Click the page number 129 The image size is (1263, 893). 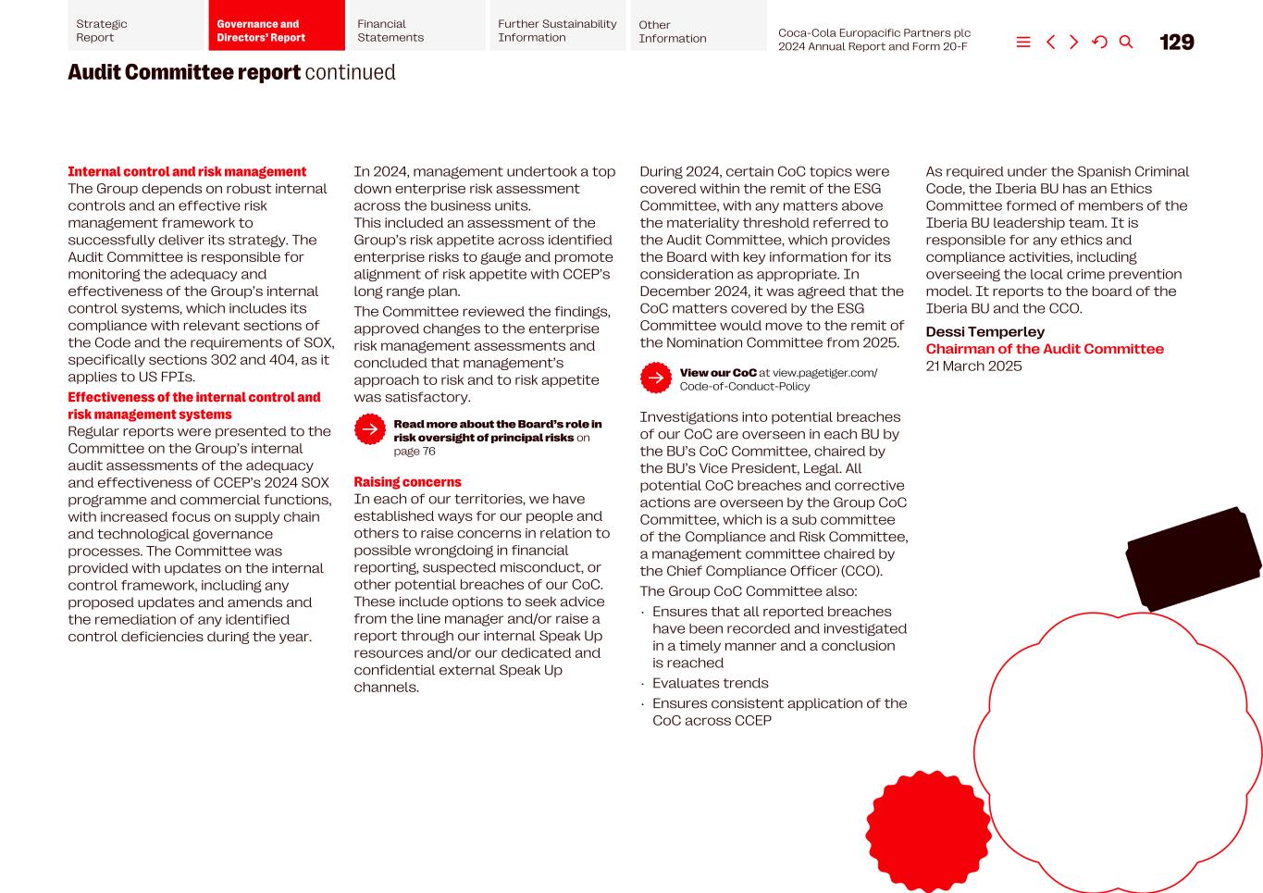(1176, 43)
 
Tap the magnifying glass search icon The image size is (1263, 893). (1126, 43)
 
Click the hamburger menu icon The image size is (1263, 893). (1023, 43)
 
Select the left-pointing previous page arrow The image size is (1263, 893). (1050, 43)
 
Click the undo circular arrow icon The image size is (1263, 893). (1099, 43)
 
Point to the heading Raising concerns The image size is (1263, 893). (407, 482)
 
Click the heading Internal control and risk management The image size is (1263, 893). (187, 172)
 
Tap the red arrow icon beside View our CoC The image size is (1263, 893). (656, 378)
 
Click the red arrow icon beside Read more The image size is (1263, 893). (370, 429)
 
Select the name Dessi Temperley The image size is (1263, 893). (984, 332)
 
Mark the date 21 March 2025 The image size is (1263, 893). (973, 366)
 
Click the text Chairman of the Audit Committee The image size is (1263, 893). (1045, 349)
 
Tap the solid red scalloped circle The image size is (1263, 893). (928, 832)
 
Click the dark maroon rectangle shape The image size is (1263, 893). (1194, 558)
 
